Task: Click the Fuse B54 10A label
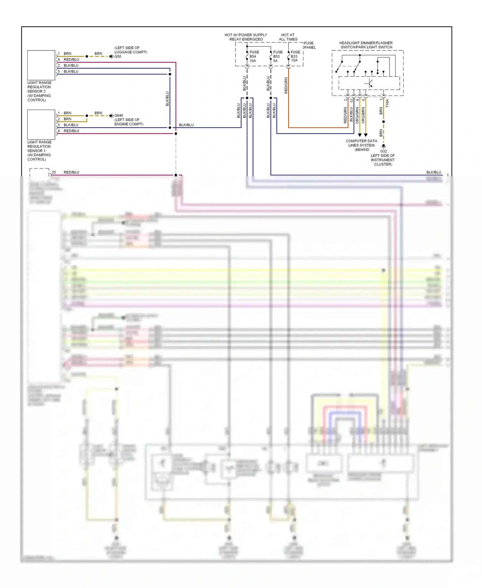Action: tap(254, 56)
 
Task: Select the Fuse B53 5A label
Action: tap(277, 56)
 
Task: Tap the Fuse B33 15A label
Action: tap(295, 56)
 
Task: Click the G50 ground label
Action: tap(118, 57)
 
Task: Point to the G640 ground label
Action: tap(119, 115)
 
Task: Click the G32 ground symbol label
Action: tap(383, 151)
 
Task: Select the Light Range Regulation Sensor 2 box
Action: tap(41, 65)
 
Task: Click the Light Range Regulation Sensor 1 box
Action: tap(41, 124)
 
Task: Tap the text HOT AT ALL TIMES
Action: tap(288, 37)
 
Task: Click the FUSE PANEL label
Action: tap(309, 45)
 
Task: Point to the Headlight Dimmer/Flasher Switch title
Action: tap(366, 45)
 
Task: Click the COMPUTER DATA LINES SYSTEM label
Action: tap(362, 145)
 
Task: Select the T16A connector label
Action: tap(387, 103)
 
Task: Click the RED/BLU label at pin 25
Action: tap(71, 172)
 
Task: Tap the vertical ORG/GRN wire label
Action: tap(357, 115)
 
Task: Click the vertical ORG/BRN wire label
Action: tap(363, 115)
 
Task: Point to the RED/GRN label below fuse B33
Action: tap(286, 86)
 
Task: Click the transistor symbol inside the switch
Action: tap(369, 83)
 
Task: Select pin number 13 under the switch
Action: tap(352, 100)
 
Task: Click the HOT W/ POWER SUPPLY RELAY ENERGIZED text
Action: tap(246, 37)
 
